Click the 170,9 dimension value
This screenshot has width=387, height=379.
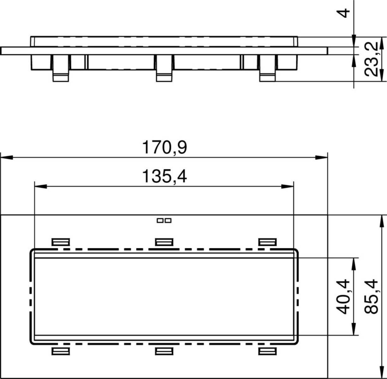165,147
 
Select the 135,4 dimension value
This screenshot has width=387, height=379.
165,177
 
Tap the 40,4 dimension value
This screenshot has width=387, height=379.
343,297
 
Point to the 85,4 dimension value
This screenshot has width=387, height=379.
371,297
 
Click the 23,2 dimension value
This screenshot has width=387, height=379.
371,59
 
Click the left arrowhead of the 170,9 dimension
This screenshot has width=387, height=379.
7,158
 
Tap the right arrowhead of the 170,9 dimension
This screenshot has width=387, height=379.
321,158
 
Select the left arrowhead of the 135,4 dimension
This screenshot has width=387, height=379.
41,187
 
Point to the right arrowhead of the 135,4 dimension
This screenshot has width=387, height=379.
287,187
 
